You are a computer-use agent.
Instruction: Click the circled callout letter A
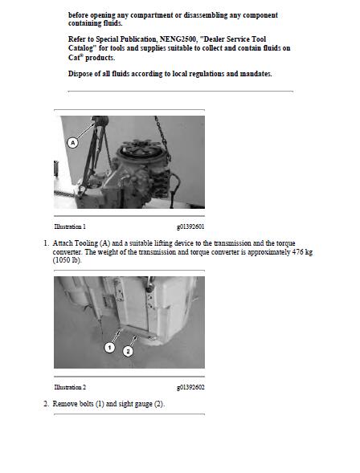(72, 142)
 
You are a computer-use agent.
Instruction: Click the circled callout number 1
(109, 347)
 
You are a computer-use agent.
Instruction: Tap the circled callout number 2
(128, 351)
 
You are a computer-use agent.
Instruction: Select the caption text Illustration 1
(70, 227)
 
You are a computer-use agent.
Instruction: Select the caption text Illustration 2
(70, 387)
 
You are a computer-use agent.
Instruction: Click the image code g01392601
(190, 227)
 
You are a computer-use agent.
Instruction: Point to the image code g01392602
(190, 387)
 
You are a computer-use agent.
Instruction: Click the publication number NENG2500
(171, 39)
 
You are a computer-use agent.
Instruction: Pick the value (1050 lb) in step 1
(67, 260)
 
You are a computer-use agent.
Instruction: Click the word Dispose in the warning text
(83, 74)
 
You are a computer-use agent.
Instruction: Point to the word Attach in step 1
(63, 243)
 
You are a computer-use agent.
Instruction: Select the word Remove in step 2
(66, 403)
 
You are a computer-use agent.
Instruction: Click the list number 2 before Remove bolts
(46, 403)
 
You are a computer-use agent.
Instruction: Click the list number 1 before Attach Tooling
(46, 243)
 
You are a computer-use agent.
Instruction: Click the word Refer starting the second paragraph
(79, 39)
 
